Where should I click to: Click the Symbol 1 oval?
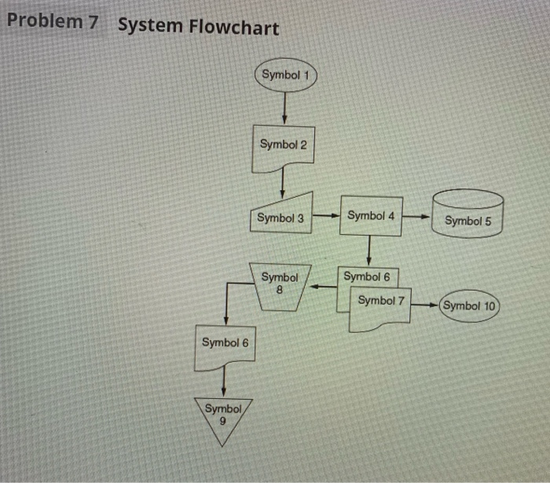[284, 75]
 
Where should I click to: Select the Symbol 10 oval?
[470, 306]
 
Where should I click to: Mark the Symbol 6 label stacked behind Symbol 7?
[367, 276]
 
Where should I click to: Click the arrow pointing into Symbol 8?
[323, 287]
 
